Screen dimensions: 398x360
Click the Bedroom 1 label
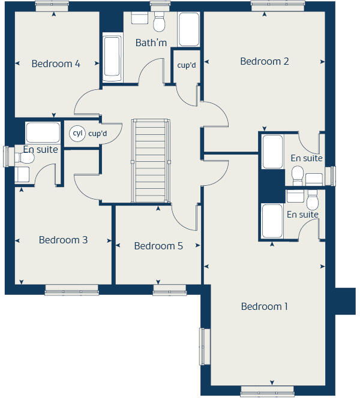pyautogui.click(x=264, y=306)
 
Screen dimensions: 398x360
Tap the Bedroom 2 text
pyautogui.click(x=265, y=61)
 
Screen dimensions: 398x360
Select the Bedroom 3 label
pyautogui.click(x=63, y=240)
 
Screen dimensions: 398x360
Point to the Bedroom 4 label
pyautogui.click(x=56, y=64)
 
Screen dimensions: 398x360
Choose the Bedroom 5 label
pyautogui.click(x=158, y=246)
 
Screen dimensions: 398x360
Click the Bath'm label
pyautogui.click(x=151, y=43)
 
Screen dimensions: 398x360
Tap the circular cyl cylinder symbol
pyautogui.click(x=77, y=134)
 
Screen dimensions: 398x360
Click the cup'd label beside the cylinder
pyautogui.click(x=97, y=134)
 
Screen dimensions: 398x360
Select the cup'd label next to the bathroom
pyautogui.click(x=187, y=65)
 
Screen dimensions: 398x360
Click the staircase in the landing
pyautogui.click(x=149, y=161)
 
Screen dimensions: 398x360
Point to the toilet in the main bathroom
pyautogui.click(x=159, y=23)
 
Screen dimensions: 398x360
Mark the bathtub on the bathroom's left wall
pyautogui.click(x=112, y=58)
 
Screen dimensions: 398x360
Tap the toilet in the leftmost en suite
pyautogui.click(x=24, y=158)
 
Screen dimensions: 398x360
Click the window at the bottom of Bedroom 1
pyautogui.click(x=267, y=393)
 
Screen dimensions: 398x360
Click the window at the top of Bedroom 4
pyautogui.click(x=52, y=6)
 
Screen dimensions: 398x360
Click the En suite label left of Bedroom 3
pyautogui.click(x=40, y=149)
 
